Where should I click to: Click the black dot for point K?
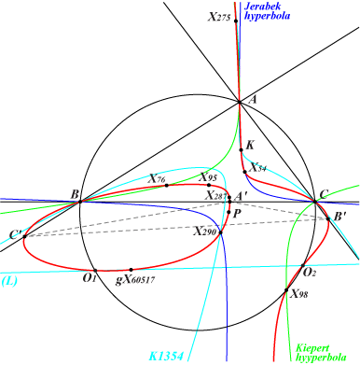pos(241,148)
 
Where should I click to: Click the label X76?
pos(158,178)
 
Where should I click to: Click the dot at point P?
pos(228,213)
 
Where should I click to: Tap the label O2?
pos(310,272)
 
